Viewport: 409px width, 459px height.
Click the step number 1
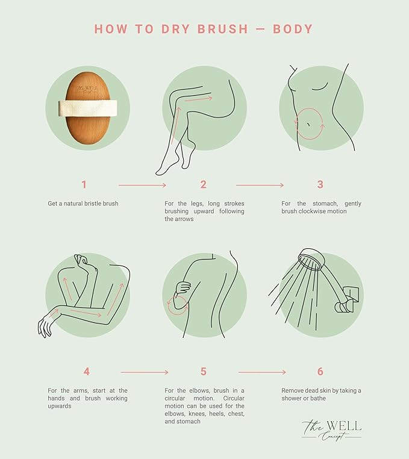point(84,184)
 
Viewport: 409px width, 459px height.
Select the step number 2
point(203,184)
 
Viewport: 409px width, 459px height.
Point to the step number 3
point(320,184)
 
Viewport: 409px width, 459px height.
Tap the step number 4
point(86,372)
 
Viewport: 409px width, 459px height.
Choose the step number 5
point(203,372)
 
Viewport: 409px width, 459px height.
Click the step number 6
point(320,372)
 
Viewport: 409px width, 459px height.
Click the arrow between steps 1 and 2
point(142,185)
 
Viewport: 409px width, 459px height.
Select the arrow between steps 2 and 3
point(260,185)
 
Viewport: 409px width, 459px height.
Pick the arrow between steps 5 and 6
point(262,372)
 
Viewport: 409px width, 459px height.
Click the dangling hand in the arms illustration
point(46,325)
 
